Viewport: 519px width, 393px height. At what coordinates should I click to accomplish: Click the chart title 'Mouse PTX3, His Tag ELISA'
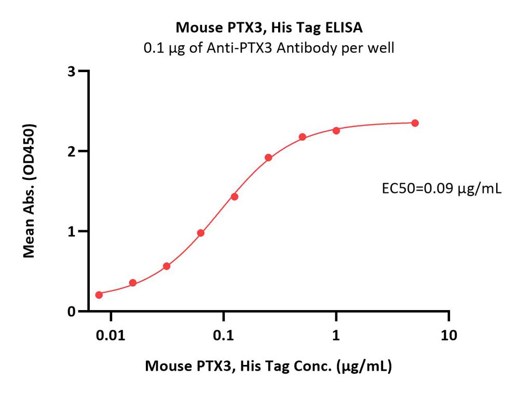(x=268, y=27)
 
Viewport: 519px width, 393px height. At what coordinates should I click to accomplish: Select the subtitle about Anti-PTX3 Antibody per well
(x=268, y=48)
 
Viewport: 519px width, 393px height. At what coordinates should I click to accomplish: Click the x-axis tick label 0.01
(x=110, y=335)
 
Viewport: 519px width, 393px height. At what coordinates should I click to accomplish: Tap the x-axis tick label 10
(x=448, y=335)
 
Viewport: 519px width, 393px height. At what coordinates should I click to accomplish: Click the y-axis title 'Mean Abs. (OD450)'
(x=30, y=191)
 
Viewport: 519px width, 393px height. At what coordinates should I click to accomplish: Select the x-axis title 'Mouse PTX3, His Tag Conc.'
(x=268, y=367)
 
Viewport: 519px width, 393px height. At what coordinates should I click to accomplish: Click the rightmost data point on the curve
(x=415, y=123)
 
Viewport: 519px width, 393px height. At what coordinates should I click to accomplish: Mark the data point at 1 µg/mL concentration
(x=336, y=130)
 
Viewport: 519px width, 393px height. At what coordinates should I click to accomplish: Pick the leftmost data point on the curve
(x=99, y=294)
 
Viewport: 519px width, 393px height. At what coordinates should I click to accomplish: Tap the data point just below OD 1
(x=201, y=233)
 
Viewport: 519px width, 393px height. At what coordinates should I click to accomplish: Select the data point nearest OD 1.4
(x=235, y=197)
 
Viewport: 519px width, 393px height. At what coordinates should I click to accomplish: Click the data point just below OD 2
(x=268, y=158)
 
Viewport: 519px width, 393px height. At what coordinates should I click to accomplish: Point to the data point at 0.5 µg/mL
(x=302, y=137)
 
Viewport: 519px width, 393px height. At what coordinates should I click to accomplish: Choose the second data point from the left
(x=133, y=283)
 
